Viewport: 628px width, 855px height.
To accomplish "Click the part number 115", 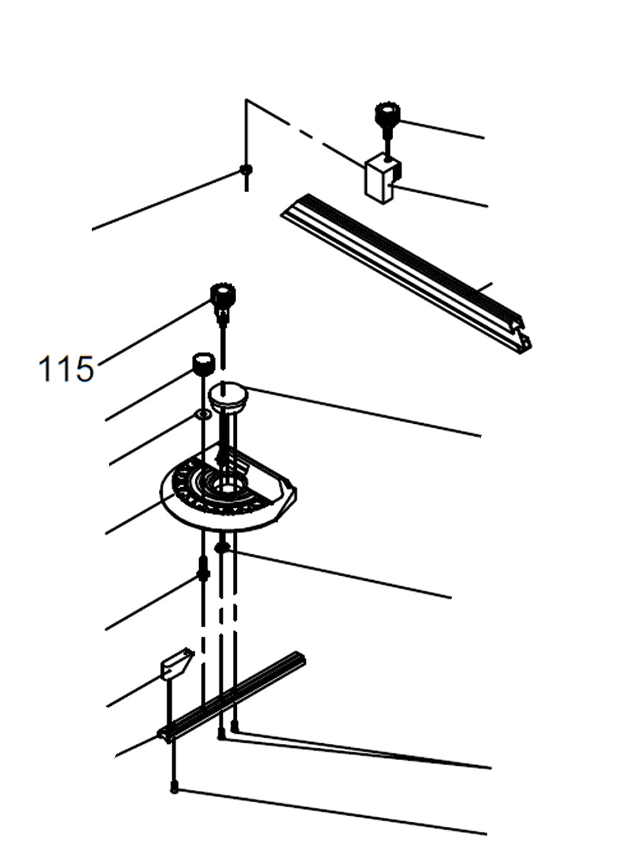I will [66, 369].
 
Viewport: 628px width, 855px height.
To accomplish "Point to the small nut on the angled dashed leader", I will [246, 170].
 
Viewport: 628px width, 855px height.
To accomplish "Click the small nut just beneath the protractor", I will [220, 548].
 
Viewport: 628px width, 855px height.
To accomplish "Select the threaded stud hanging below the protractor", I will [203, 569].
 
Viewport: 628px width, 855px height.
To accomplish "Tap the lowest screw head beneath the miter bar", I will [174, 788].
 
